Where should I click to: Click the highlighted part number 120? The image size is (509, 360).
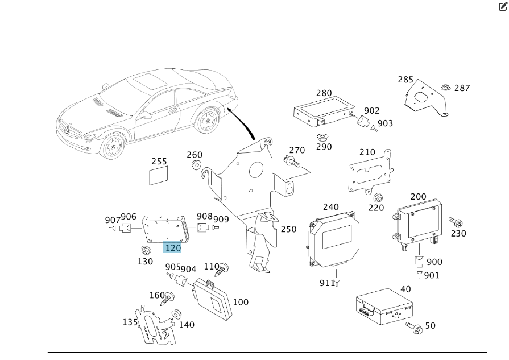click(172, 248)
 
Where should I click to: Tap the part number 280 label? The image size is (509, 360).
click(324, 93)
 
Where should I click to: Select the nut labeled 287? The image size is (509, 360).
click(445, 88)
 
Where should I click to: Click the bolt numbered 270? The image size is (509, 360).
click(293, 163)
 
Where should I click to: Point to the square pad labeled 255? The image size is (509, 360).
click(159, 176)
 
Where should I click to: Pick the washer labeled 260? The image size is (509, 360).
click(196, 165)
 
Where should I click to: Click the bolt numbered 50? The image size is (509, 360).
click(413, 326)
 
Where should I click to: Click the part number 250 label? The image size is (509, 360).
click(288, 229)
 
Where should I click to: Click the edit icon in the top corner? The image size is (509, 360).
click(502, 7)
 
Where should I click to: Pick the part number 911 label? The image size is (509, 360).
click(326, 283)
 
